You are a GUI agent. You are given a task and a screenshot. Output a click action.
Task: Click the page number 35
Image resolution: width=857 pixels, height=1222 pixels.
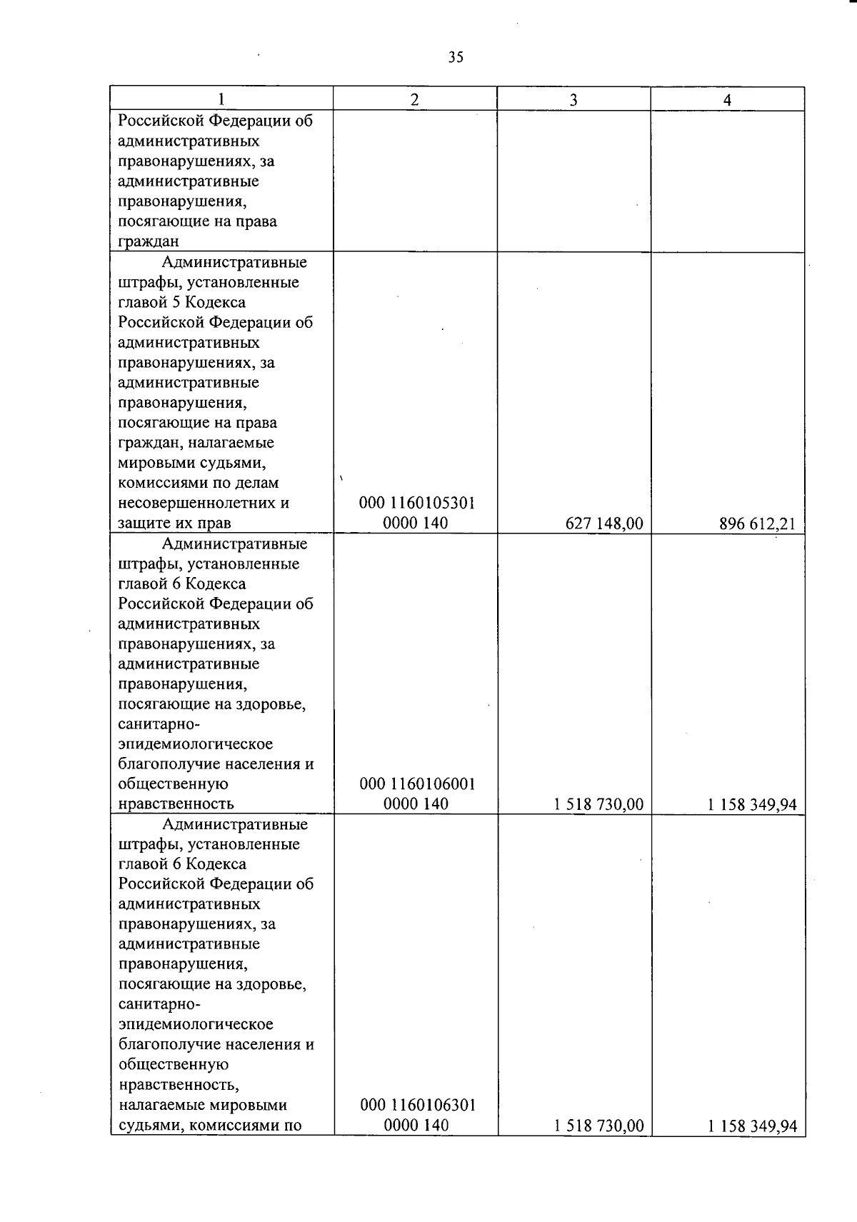click(x=456, y=58)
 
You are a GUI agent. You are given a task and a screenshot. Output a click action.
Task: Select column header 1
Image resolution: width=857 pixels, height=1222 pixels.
click(x=221, y=99)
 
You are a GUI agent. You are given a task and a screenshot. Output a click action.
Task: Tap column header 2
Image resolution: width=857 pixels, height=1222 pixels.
click(x=414, y=99)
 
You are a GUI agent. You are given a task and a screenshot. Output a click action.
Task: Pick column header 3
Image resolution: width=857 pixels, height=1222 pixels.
click(x=573, y=100)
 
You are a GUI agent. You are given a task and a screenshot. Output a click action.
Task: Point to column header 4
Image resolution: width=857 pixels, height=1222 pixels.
click(x=727, y=100)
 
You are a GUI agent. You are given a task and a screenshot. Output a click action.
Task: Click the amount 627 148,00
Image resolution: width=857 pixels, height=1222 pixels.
click(x=604, y=524)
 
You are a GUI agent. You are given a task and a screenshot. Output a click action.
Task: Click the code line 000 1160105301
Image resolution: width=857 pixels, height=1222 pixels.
click(x=417, y=503)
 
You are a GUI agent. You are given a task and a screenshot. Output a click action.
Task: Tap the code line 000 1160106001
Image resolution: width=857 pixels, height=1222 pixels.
click(x=417, y=783)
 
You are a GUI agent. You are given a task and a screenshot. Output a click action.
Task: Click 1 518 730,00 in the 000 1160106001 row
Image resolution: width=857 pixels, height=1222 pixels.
click(x=598, y=805)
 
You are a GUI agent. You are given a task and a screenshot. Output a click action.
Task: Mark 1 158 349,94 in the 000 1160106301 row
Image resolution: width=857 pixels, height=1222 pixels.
click(x=752, y=1126)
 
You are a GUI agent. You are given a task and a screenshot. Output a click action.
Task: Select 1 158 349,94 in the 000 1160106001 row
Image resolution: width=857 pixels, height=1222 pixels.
click(x=752, y=805)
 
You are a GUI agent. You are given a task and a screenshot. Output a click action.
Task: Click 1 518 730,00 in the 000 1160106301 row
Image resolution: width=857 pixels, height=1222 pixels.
click(x=598, y=1126)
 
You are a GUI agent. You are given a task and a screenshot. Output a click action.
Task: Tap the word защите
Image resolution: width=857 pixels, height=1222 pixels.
click(x=143, y=524)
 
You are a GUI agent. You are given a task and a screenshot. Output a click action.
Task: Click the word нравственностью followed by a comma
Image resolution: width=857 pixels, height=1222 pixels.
click(x=178, y=1085)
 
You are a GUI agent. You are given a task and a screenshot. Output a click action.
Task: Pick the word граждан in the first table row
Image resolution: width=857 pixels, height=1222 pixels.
click(x=148, y=241)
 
